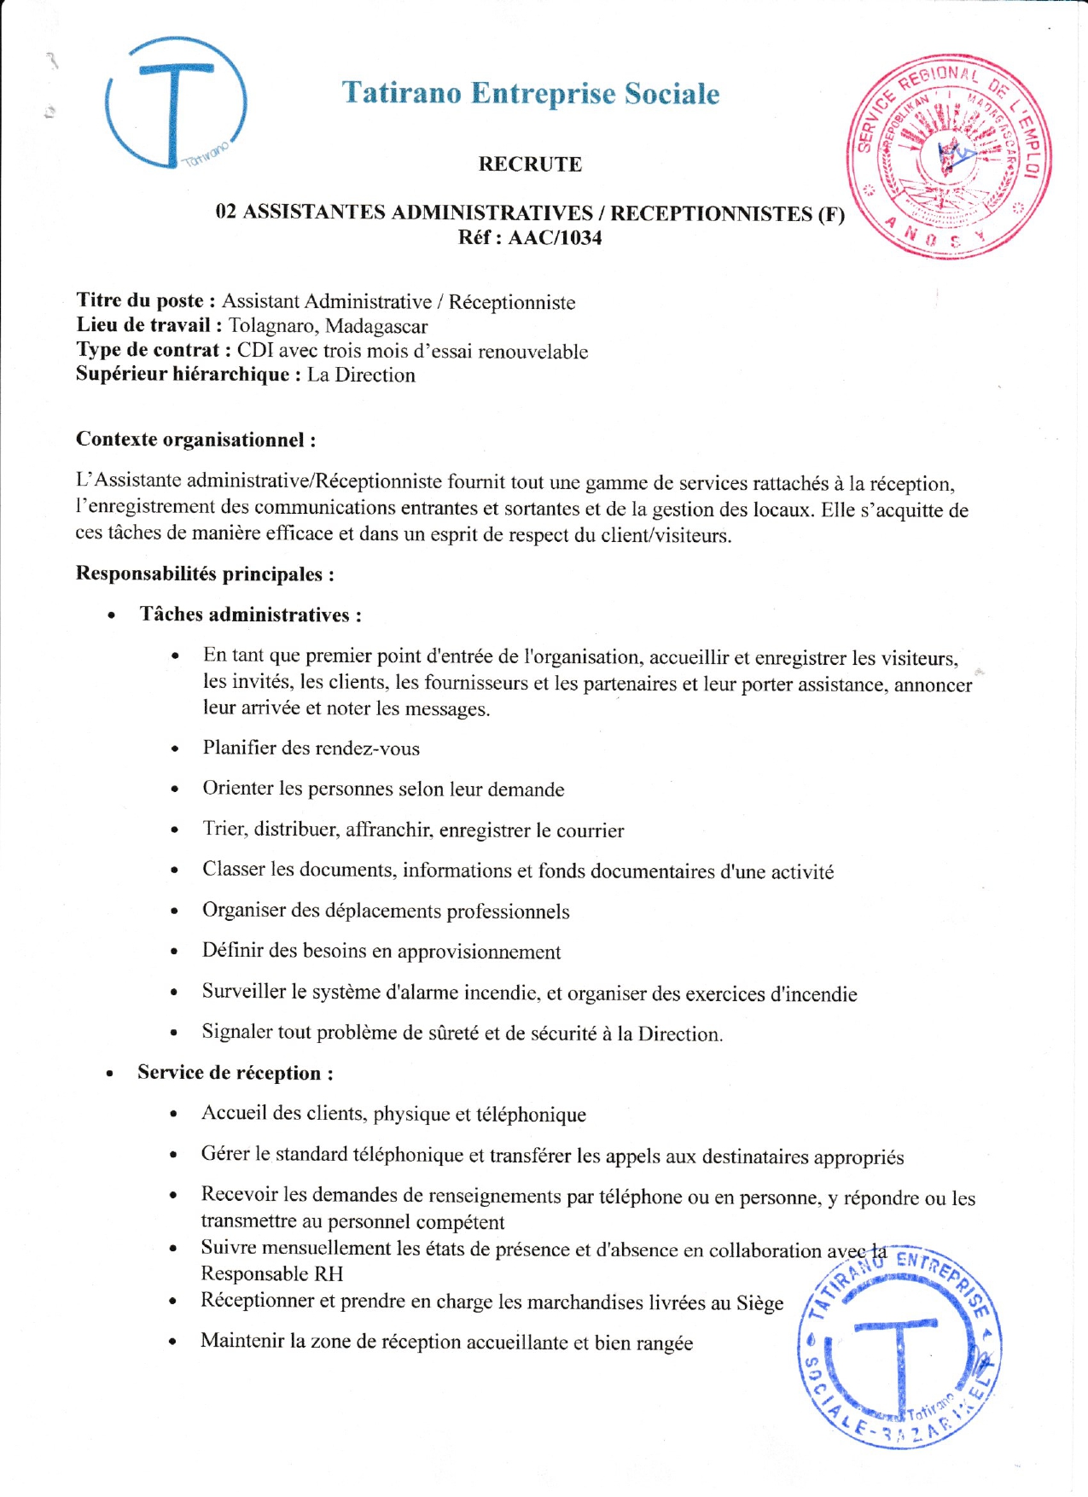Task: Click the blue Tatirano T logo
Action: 175,102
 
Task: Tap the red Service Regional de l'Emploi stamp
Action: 949,158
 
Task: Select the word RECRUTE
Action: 530,164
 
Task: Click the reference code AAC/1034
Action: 555,238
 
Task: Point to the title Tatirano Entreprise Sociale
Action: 531,93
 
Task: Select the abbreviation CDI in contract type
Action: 255,351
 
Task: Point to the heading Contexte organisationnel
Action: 195,440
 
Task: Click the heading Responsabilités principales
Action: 205,574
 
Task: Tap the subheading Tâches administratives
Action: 251,615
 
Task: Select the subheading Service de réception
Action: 235,1073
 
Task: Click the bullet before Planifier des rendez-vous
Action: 175,749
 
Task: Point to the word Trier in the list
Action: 224,829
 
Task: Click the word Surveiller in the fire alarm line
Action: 243,991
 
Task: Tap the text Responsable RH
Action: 271,1273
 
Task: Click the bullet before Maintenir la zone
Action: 173,1342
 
